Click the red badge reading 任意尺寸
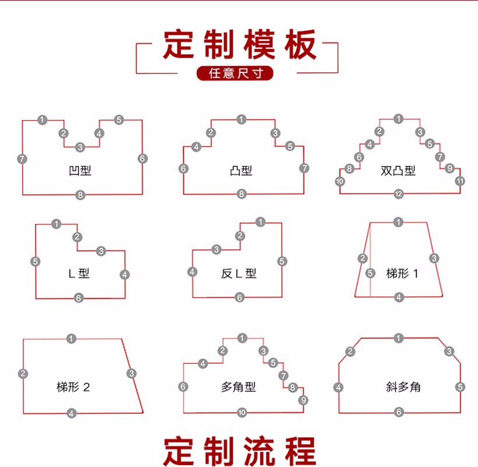point(235,73)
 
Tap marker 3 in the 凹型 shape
point(80,147)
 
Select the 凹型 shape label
point(80,170)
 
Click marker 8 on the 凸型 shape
point(242,194)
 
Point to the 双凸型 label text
point(398,170)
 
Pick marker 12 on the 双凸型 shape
point(399,194)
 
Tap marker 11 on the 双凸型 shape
point(460,181)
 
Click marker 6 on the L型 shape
point(79,298)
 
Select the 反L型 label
point(239,273)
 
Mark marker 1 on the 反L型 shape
point(260,222)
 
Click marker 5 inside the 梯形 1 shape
point(371,273)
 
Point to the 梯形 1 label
point(402,273)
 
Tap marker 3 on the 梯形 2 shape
point(131,373)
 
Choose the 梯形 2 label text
point(73,387)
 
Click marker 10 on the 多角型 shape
point(242,413)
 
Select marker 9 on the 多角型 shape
point(303,400)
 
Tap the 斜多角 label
point(403,387)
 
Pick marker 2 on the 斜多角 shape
point(350,352)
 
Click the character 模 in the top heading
point(259,44)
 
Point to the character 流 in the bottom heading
point(259,451)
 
